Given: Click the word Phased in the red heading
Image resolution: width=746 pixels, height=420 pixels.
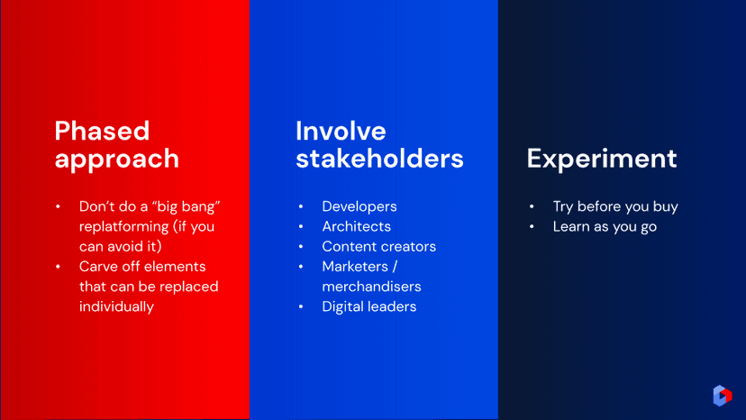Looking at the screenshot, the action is [102, 131].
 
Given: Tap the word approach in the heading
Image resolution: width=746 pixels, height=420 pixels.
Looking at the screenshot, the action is [116, 160].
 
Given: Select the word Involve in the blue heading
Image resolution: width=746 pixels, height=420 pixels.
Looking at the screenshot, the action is [341, 131].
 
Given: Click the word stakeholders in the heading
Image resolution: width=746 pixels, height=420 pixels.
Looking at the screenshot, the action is [379, 159].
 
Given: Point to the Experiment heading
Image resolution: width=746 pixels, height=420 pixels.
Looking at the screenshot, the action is [601, 160].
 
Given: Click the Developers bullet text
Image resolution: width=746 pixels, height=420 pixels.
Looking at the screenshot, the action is [359, 206].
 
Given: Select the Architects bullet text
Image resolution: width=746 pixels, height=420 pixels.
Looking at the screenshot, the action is [357, 226].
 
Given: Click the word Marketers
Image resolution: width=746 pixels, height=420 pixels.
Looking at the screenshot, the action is [355, 266].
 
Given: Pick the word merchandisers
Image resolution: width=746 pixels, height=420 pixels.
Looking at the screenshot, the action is [371, 287].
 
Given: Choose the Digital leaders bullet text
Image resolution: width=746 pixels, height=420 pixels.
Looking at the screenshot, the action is [369, 306].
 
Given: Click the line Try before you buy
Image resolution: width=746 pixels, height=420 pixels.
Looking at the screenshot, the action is [615, 206].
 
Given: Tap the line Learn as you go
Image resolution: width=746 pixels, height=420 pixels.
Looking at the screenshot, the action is [605, 226].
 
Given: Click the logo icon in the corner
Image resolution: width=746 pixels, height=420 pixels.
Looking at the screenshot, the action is [723, 396].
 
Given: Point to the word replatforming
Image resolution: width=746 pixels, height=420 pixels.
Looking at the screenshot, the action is [123, 226].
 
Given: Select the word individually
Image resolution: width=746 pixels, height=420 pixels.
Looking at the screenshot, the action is [116, 306].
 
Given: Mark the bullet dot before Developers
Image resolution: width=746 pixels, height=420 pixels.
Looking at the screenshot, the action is [301, 206].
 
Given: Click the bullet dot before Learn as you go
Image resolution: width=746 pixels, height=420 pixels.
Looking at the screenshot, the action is [532, 226].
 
